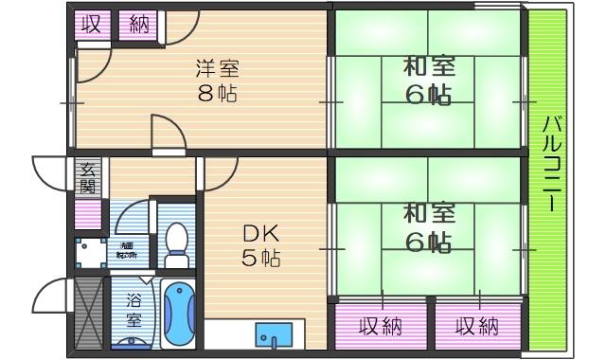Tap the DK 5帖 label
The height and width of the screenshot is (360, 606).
coord(258,244)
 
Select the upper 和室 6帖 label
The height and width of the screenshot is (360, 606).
coord(428,81)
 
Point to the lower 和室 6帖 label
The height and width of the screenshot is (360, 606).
coord(428,227)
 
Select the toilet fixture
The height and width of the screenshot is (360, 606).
coord(176,243)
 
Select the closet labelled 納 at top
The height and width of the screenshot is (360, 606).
coord(138,23)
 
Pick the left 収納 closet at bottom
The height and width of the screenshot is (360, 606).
coord(381,327)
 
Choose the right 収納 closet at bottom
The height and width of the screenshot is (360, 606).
coord(477,327)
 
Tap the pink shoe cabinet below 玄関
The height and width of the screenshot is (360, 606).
coord(88,213)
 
